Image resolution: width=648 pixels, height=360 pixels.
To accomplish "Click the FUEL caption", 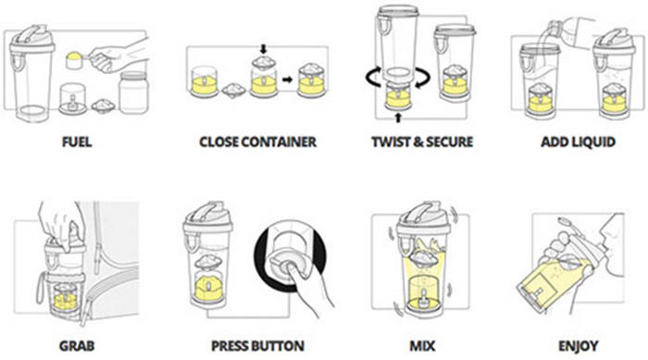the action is [x=77, y=142].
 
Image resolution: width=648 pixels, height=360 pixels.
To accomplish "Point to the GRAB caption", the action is [x=77, y=345].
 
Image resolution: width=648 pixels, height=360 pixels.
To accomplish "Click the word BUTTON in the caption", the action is [x=280, y=345].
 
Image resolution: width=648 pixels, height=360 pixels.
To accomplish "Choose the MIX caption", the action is [x=422, y=345].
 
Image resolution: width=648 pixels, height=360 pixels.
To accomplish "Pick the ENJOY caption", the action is [x=579, y=345].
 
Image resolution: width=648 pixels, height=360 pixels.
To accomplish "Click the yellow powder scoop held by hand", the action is [x=75, y=59].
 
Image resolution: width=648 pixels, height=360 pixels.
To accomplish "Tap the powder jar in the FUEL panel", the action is [x=133, y=93].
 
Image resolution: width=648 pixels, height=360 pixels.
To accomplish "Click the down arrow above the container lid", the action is [x=263, y=49].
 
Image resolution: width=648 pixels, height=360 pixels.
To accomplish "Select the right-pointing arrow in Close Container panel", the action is [x=287, y=79].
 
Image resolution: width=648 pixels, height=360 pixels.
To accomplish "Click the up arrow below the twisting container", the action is [x=398, y=118].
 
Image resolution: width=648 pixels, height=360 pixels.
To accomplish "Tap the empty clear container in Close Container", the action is [x=205, y=81].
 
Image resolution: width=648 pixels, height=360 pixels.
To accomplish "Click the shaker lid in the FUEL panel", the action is [x=32, y=38].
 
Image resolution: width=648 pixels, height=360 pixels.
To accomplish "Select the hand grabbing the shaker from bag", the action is [x=62, y=225].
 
